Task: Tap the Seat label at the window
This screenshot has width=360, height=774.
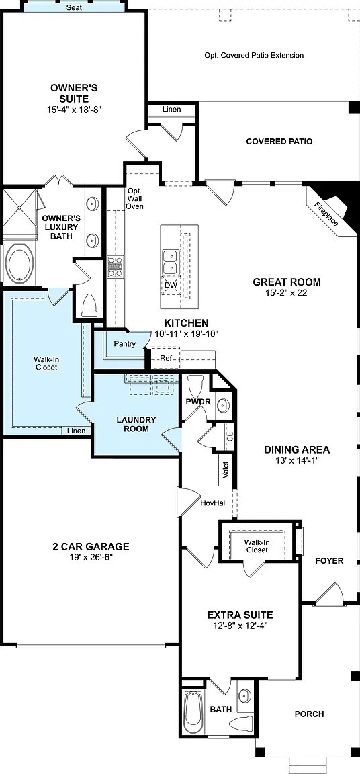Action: click(x=75, y=8)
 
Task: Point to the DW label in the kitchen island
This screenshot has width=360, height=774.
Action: click(x=170, y=285)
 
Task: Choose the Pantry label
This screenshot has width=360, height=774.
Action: click(x=125, y=344)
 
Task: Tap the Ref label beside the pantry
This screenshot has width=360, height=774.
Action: click(x=166, y=358)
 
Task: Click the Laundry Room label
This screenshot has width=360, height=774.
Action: click(x=136, y=424)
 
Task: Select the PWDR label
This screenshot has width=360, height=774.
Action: click(x=197, y=401)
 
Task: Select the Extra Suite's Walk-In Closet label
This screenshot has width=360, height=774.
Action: click(x=256, y=546)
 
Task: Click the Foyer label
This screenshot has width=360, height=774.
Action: click(x=329, y=560)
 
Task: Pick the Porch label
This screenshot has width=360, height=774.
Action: click(x=309, y=714)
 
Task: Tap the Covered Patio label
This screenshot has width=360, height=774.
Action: click(x=279, y=142)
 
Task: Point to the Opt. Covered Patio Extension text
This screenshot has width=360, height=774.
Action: click(x=254, y=56)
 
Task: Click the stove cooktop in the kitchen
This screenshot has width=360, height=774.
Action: click(x=116, y=267)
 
